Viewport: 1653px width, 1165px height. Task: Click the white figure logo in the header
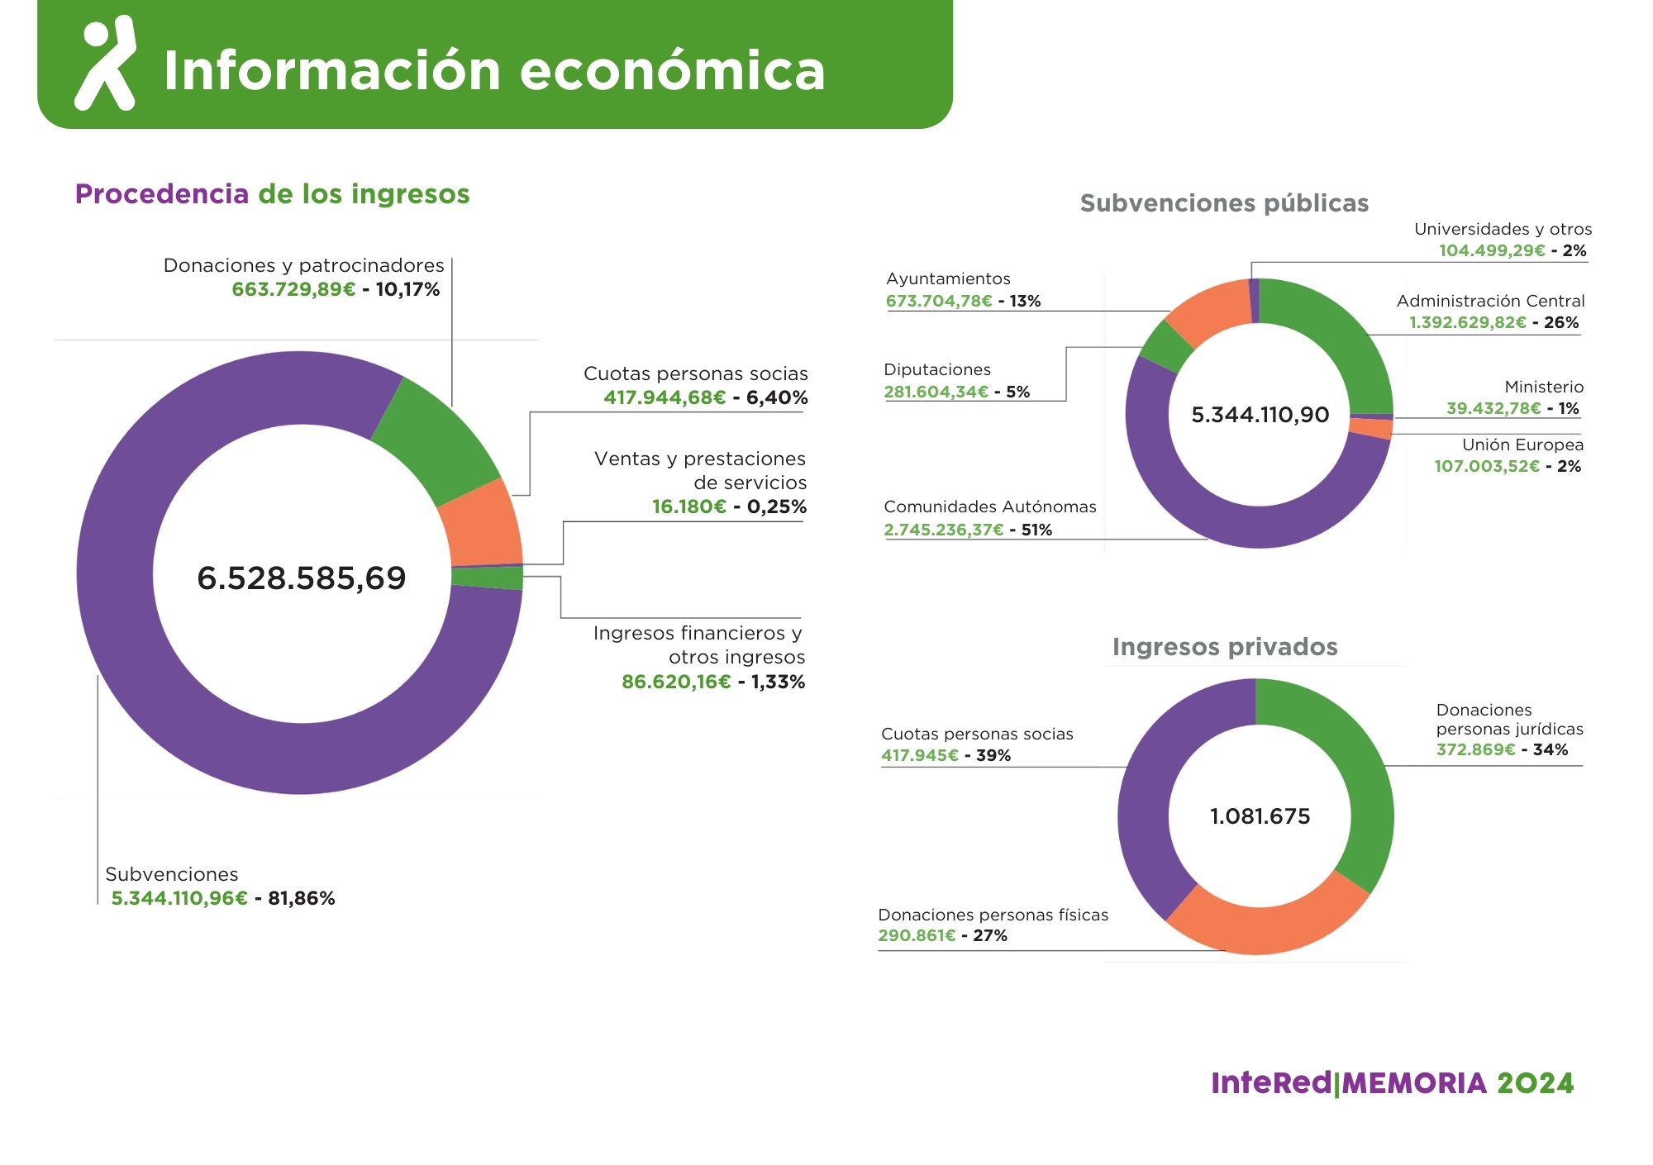coord(106,64)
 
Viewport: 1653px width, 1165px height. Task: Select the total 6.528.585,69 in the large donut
coord(301,578)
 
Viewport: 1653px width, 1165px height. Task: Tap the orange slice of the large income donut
coord(481,522)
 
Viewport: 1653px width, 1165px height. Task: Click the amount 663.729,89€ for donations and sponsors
coord(293,289)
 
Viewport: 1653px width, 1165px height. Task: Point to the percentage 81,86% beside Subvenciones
coord(302,898)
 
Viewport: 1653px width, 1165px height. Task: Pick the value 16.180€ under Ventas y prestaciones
coord(689,506)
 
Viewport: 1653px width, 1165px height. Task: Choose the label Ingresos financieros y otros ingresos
coord(698,644)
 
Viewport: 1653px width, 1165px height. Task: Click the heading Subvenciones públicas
coord(1224,203)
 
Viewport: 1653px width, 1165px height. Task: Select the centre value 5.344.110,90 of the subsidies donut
coord(1260,415)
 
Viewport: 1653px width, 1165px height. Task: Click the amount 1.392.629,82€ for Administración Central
coord(1467,322)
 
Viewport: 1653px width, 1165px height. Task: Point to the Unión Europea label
coord(1522,445)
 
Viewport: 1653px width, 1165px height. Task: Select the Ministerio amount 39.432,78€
coord(1493,408)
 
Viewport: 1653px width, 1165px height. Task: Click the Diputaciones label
coord(936,369)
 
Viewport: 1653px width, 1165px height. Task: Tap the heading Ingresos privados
coord(1225,647)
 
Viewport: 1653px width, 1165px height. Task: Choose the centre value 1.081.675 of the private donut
coord(1260,816)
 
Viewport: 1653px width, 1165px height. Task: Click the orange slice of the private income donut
coord(1265,925)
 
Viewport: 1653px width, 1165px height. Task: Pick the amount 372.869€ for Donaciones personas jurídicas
coord(1475,749)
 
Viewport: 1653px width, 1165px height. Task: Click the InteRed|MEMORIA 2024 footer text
coord(1392,1083)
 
